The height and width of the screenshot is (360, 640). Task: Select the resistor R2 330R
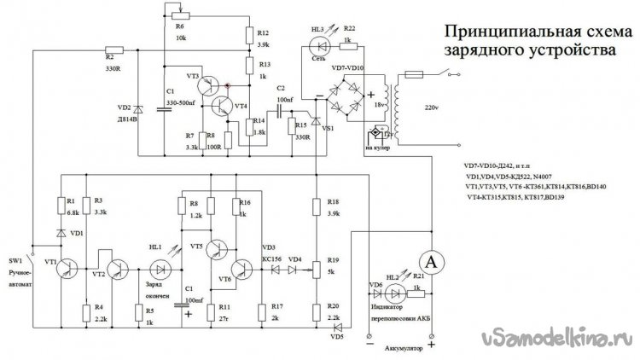click(112, 49)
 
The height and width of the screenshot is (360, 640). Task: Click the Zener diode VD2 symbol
click(138, 109)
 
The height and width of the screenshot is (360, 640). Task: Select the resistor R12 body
click(248, 33)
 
